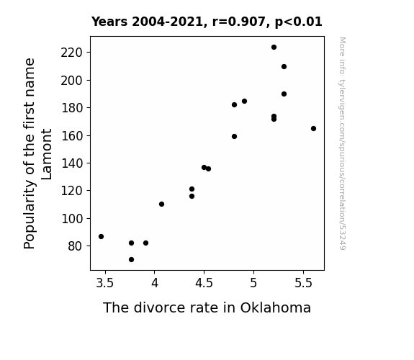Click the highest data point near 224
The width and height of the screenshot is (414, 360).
(x=274, y=48)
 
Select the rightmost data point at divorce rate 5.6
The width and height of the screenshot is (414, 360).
(x=313, y=129)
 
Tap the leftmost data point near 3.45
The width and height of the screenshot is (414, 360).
(x=101, y=237)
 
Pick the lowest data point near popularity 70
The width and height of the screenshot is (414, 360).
(x=131, y=260)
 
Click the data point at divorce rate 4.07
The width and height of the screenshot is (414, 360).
(x=161, y=204)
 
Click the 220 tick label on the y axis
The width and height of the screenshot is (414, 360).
(x=72, y=53)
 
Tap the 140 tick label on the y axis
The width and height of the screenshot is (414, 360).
(x=72, y=163)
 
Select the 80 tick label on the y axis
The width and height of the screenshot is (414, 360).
(x=76, y=246)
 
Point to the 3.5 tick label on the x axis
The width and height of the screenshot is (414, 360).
(x=105, y=283)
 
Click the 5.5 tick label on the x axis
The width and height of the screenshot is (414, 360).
(x=303, y=283)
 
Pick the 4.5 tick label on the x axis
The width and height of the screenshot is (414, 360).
(x=204, y=283)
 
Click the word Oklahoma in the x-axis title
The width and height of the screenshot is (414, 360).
(x=275, y=307)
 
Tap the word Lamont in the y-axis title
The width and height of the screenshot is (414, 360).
(x=47, y=154)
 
